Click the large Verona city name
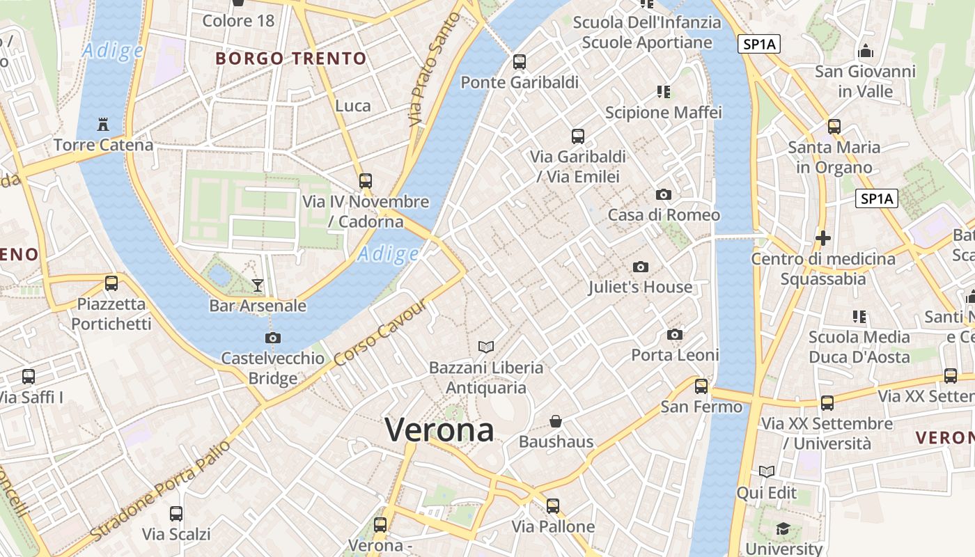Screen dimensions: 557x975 point(439,430)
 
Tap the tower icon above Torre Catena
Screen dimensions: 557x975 point(103,125)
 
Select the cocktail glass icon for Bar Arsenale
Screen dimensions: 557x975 point(258,285)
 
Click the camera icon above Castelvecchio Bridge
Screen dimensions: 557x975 point(273,338)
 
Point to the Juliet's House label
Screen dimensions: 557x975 point(640,287)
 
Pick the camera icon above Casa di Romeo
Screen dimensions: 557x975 point(664,194)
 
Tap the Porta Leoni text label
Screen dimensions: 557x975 point(675,355)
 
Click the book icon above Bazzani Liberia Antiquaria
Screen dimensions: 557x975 point(486,347)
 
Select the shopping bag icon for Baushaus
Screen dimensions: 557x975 point(556,421)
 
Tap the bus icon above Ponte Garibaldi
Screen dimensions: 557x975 point(520,62)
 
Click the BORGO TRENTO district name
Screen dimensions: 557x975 point(291,58)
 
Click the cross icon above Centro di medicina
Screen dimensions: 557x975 point(823,238)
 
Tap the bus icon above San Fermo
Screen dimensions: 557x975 point(701,386)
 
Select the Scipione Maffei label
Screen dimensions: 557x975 point(663,112)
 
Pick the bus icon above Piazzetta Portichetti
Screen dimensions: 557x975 point(111,283)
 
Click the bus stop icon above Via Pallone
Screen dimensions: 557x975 point(553,506)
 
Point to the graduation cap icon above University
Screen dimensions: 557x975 point(783,528)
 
